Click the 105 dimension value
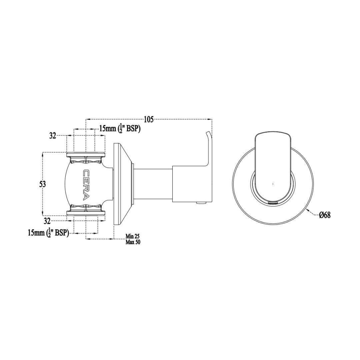tap(149, 119)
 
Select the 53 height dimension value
tap(42, 184)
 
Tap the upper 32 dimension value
tap(53, 136)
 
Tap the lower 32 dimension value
tap(47, 221)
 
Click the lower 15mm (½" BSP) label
tap(48, 233)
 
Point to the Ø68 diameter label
tap(325, 215)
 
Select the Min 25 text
tap(132, 236)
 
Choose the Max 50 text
tap(133, 242)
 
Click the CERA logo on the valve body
tap(86, 184)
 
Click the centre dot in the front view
tap(273, 184)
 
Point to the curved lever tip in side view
tap(208, 135)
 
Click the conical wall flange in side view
tap(122, 184)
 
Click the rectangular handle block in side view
tap(192, 184)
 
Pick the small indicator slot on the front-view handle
tap(273, 202)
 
